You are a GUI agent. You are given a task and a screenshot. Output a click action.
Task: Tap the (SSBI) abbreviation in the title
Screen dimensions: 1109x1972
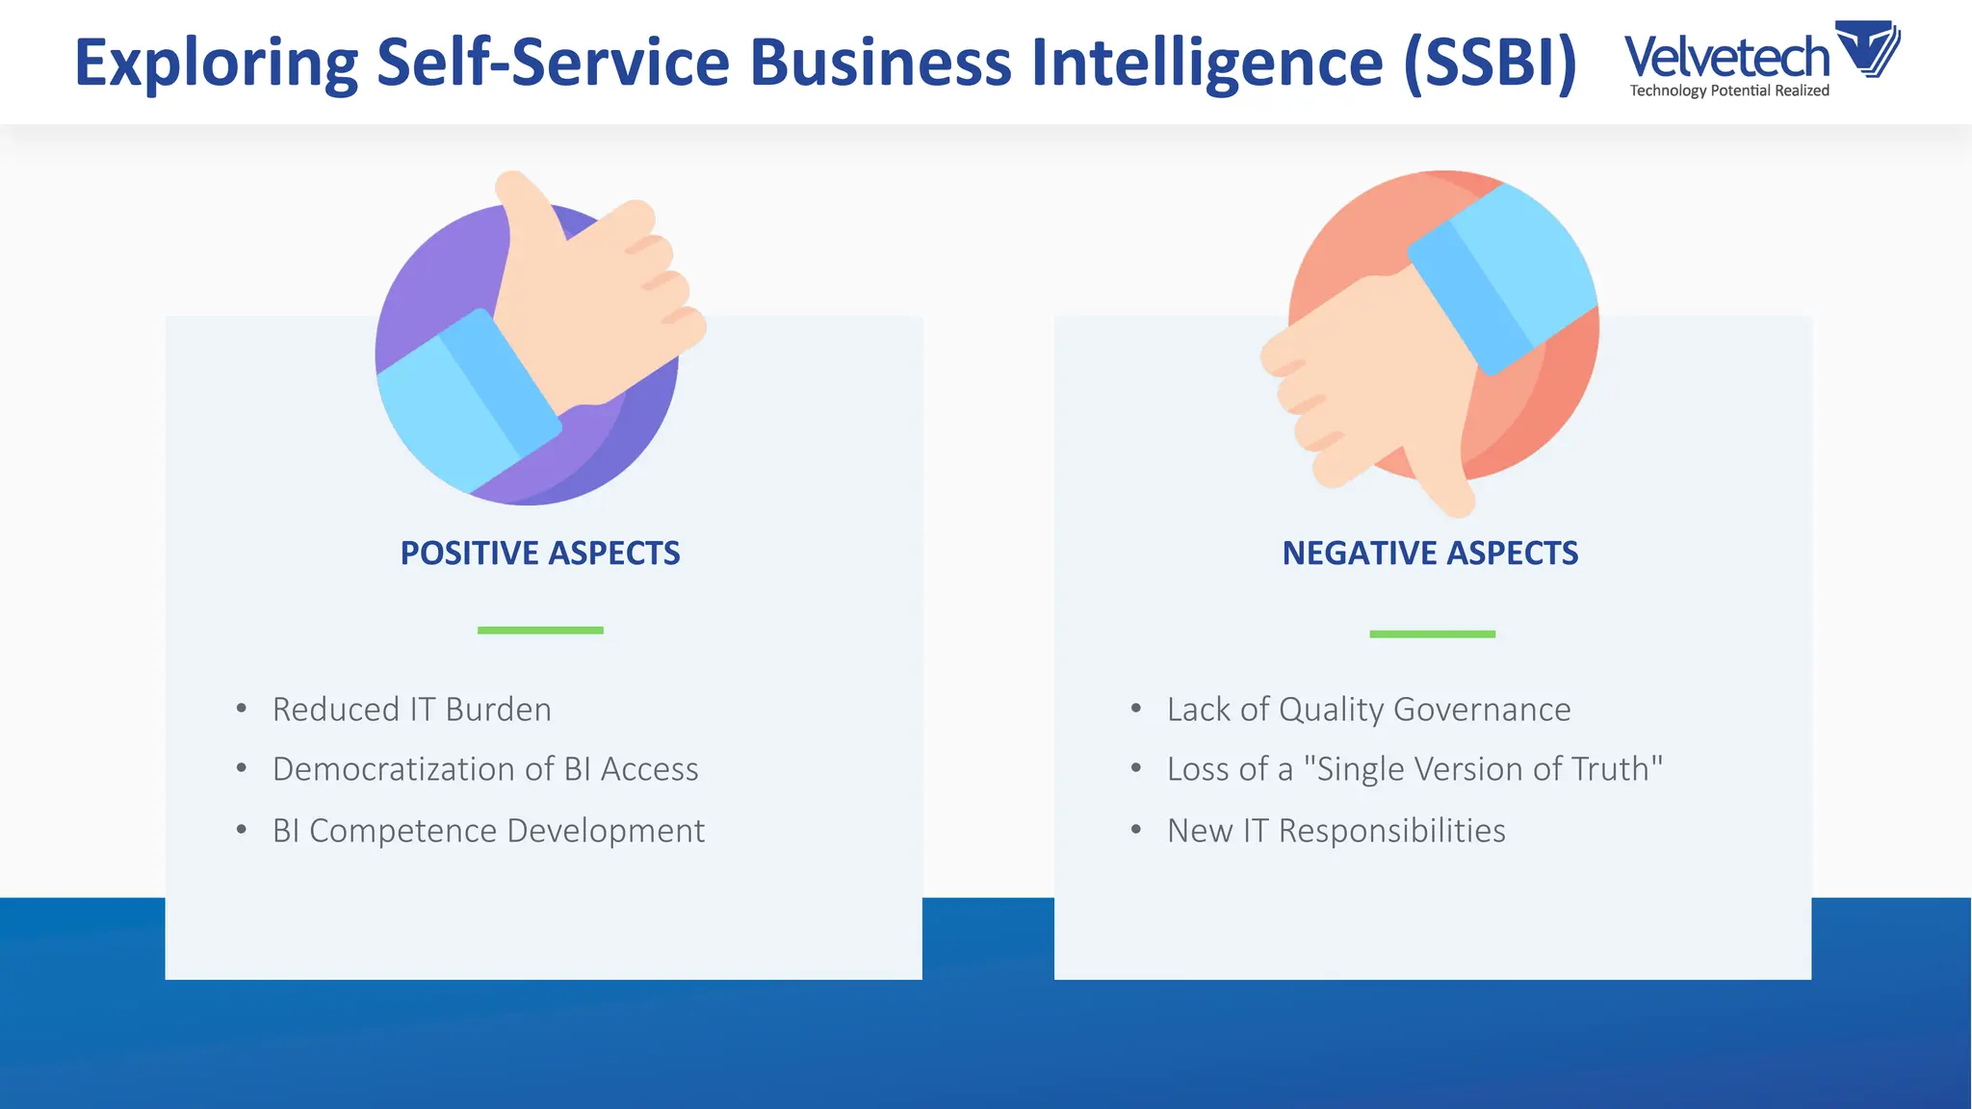(x=1490, y=64)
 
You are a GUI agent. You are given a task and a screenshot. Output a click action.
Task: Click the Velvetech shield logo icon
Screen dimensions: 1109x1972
(x=1867, y=48)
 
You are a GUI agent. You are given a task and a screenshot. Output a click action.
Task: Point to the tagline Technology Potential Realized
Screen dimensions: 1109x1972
(x=1729, y=90)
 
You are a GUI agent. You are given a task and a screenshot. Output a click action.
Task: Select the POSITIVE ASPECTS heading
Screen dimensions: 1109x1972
(x=540, y=554)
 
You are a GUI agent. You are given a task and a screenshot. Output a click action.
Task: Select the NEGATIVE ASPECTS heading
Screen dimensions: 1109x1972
(x=1430, y=554)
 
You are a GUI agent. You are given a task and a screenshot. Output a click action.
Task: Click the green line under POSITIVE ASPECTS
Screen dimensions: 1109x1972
(x=540, y=631)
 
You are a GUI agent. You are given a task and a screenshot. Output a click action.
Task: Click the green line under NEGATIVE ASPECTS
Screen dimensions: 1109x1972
(x=1432, y=634)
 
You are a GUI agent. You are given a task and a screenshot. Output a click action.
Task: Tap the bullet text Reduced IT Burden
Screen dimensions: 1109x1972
(x=412, y=709)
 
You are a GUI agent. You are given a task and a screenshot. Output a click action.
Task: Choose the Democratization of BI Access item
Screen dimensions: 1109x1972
(x=485, y=769)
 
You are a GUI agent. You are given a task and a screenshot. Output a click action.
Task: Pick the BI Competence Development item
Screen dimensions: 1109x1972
(x=488, y=831)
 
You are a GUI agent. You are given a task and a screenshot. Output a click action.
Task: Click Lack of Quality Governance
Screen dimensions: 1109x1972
(x=1368, y=709)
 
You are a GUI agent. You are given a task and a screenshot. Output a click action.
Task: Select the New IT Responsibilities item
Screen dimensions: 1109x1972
(x=1336, y=831)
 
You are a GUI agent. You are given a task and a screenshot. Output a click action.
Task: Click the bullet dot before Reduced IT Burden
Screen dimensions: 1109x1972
(x=242, y=709)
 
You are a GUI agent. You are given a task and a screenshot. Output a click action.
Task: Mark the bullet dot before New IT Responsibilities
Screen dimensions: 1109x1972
(x=1136, y=830)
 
